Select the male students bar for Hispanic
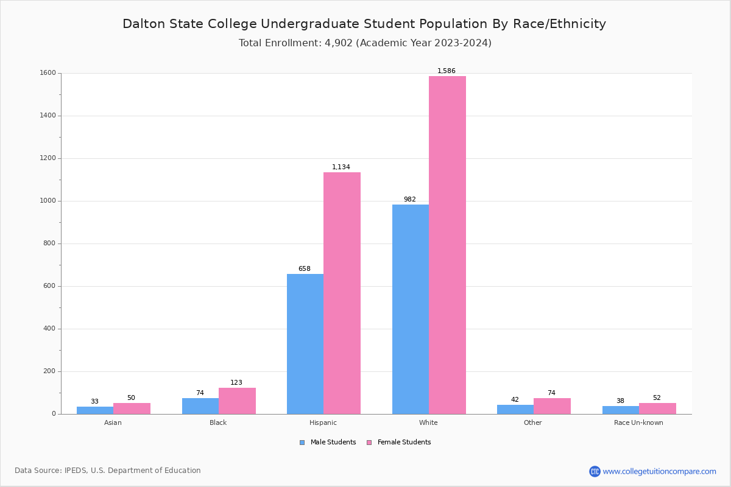(305, 344)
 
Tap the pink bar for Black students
(237, 401)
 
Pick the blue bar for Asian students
(95, 410)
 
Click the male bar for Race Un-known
(621, 410)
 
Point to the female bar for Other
(552, 406)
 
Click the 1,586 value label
(447, 71)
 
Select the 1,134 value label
(341, 167)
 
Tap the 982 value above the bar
(410, 200)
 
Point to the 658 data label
(305, 269)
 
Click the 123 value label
(236, 383)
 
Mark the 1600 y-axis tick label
(47, 73)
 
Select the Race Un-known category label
(638, 422)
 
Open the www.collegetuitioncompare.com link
(659, 471)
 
